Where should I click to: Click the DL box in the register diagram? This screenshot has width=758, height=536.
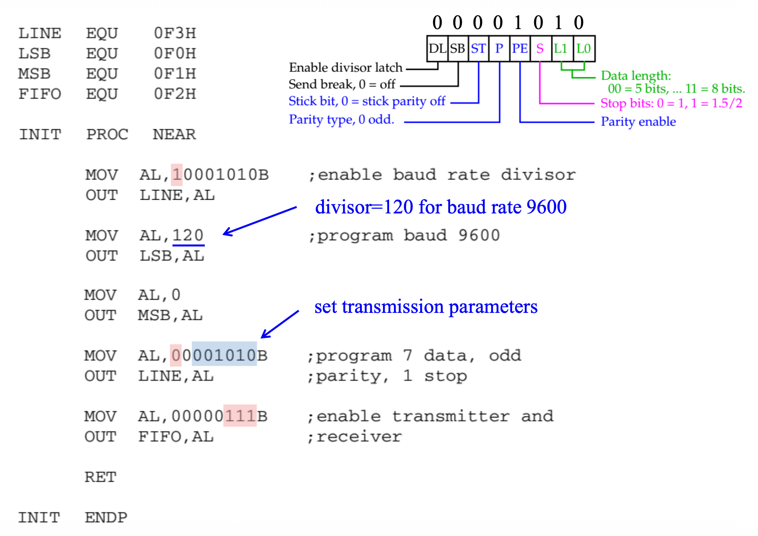[437, 49]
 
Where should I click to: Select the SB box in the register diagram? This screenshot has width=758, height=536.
[458, 49]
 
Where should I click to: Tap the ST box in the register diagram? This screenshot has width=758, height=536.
[478, 49]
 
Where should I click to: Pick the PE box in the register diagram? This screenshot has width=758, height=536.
[520, 49]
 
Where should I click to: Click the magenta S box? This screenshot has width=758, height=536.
[540, 49]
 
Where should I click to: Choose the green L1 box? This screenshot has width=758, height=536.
[561, 49]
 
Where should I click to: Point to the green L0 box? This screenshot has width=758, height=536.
[583, 49]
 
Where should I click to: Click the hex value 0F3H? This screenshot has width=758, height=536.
[175, 33]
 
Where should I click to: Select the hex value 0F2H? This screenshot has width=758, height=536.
[175, 94]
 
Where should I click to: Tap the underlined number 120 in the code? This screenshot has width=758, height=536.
[188, 235]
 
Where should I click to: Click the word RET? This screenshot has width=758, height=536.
[100, 477]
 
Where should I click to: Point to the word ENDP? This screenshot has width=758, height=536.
[106, 517]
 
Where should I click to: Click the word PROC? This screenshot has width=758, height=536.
[107, 134]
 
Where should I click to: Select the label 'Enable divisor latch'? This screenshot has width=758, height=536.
[346, 67]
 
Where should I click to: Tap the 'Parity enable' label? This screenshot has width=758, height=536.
[638, 121]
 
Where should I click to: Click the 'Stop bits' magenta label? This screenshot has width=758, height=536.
[671, 103]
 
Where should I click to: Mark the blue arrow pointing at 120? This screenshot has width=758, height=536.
[259, 221]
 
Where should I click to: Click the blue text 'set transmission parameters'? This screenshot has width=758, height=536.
[426, 307]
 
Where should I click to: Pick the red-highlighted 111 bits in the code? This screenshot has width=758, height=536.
[240, 416]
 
